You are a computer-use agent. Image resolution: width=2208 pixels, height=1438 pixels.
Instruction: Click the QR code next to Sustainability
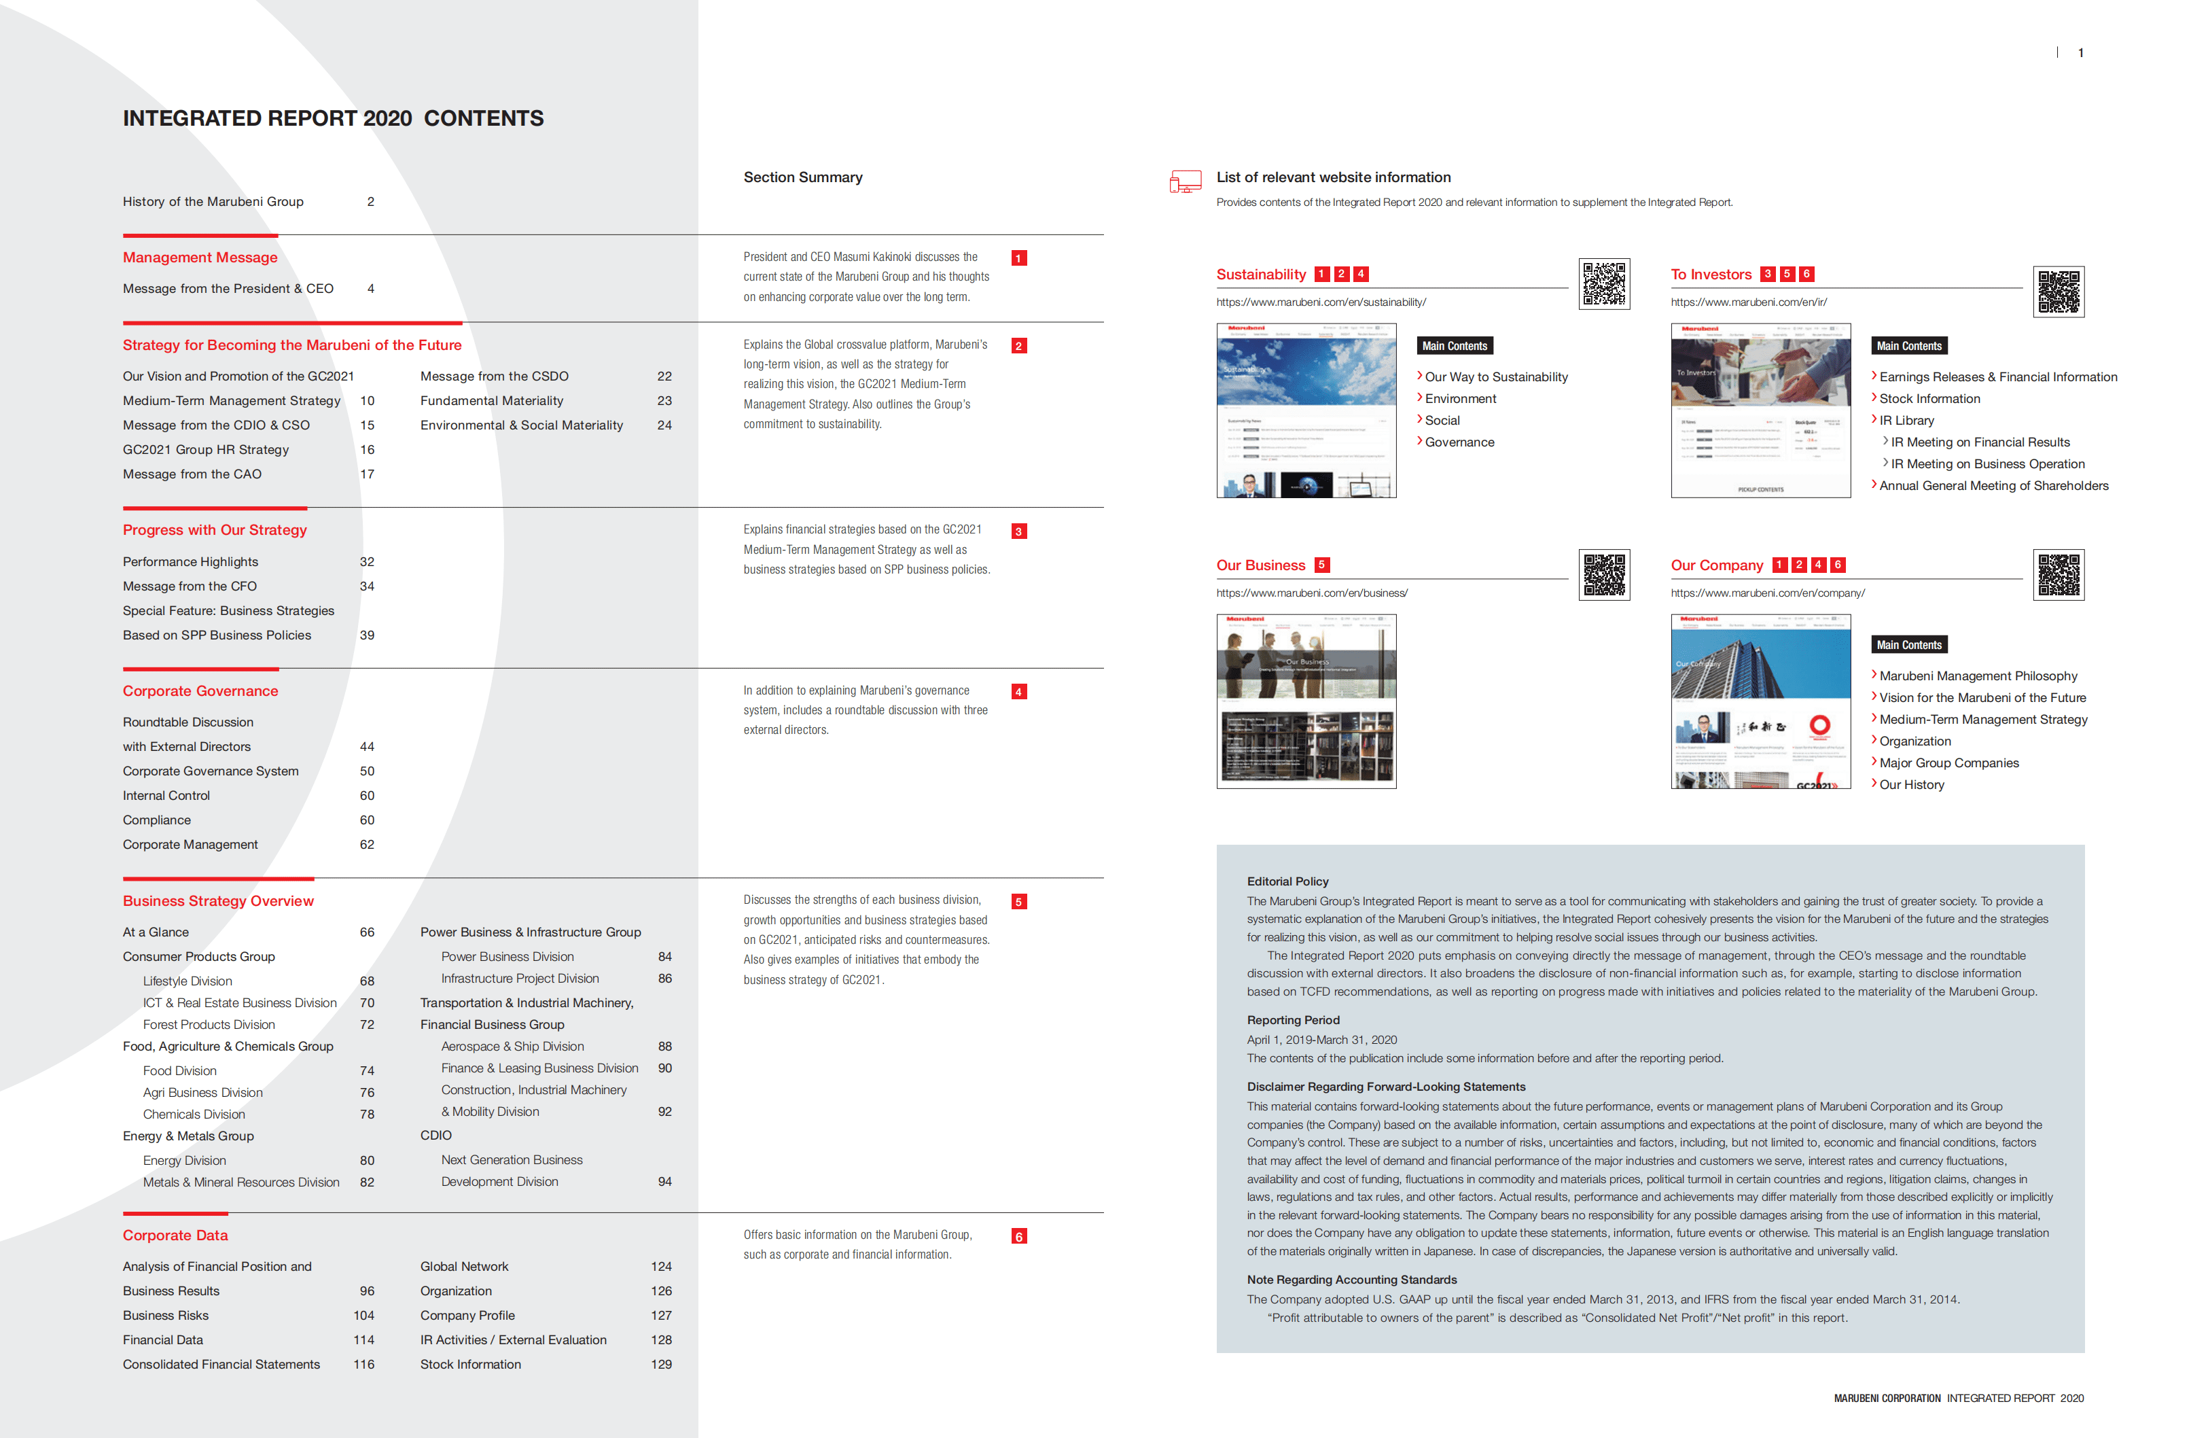click(1604, 284)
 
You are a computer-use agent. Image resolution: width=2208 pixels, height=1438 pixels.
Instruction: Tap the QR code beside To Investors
click(2058, 292)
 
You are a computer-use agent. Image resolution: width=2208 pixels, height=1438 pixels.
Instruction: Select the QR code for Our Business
click(1604, 575)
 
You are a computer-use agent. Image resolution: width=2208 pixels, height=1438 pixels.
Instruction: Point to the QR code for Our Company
click(2058, 575)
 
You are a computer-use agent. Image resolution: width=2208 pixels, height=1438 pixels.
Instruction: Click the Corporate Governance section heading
click(200, 691)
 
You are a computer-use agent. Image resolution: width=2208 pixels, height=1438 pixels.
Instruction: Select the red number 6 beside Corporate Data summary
click(1018, 1237)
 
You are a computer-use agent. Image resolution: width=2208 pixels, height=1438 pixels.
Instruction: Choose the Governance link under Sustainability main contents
click(1459, 442)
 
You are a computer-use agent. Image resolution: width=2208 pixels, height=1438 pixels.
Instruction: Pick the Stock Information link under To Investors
click(1929, 399)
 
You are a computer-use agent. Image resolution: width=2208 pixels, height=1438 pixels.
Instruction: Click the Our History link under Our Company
click(1911, 785)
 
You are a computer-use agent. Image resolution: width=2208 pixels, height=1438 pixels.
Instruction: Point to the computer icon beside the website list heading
click(1185, 182)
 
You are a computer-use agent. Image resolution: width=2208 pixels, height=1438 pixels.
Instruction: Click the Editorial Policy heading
click(1287, 881)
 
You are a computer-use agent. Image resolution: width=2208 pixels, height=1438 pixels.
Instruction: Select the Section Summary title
click(802, 177)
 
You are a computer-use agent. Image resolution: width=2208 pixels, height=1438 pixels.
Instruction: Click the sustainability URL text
click(1320, 302)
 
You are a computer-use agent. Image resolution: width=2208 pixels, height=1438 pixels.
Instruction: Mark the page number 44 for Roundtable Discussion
click(366, 747)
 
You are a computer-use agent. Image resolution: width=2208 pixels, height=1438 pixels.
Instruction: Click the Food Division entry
click(180, 1070)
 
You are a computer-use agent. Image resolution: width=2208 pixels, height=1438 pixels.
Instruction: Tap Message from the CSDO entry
click(493, 376)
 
